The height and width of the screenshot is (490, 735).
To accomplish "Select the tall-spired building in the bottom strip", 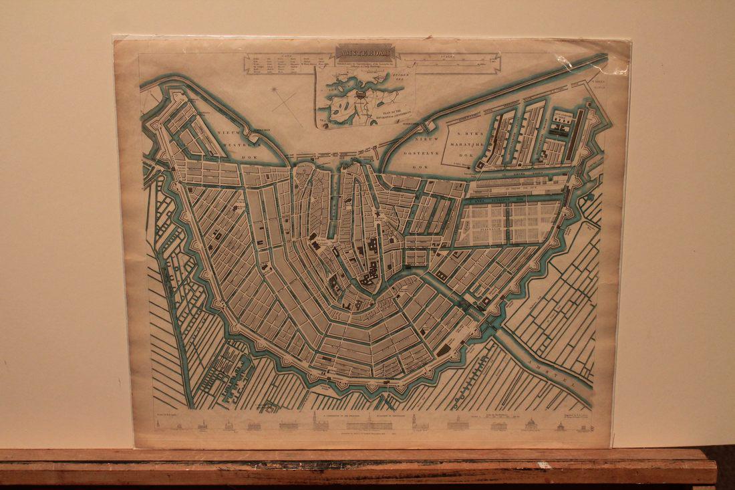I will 315,420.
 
